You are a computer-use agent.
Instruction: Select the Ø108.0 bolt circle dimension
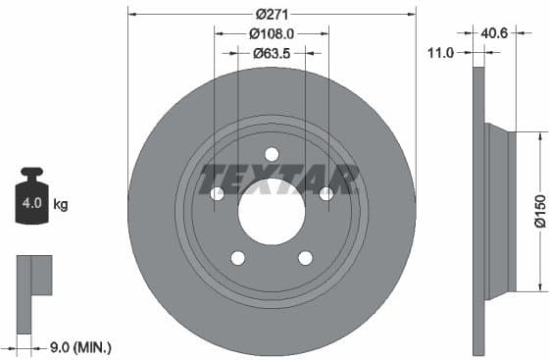272,33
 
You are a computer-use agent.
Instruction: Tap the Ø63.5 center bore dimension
272,53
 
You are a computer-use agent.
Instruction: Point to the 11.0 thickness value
441,53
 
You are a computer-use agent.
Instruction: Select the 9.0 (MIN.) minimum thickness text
80,346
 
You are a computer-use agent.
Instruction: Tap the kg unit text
61,205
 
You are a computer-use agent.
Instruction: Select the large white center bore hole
272,212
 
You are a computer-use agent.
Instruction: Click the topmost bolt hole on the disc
272,153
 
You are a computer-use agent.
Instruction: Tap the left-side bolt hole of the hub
217,193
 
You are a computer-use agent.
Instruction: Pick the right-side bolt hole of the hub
326,193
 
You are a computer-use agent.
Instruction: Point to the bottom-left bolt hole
237,258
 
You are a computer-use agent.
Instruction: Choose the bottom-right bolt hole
305,258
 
